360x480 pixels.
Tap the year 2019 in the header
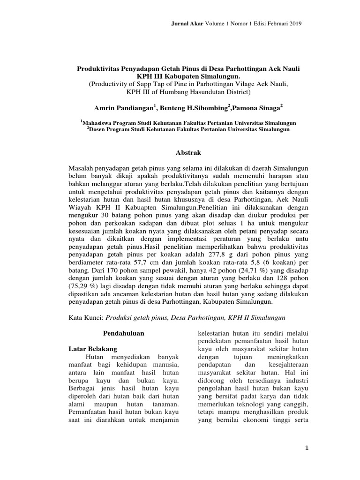293,23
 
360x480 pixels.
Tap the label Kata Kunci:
85,317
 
